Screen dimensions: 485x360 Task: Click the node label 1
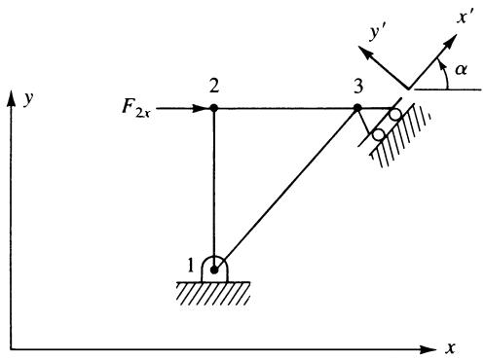pyautogui.click(x=191, y=266)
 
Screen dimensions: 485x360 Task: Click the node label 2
pyautogui.click(x=214, y=87)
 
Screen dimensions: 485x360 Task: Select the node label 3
pyautogui.click(x=358, y=87)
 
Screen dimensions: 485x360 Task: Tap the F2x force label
pyautogui.click(x=136, y=108)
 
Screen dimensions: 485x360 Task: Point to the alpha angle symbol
pyautogui.click(x=461, y=69)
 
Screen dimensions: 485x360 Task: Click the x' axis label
pyautogui.click(x=465, y=17)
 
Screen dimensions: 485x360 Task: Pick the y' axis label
pyautogui.click(x=377, y=33)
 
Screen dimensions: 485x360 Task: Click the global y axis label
pyautogui.click(x=28, y=98)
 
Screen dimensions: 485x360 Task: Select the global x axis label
pyautogui.click(x=450, y=348)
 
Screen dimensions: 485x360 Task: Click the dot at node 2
pyautogui.click(x=213, y=108)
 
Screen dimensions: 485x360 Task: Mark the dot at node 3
pyautogui.click(x=357, y=108)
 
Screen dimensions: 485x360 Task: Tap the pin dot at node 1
pyautogui.click(x=214, y=270)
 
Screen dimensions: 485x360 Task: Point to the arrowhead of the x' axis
pyautogui.click(x=450, y=42)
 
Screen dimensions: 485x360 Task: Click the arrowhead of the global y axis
pyautogui.click(x=12, y=98)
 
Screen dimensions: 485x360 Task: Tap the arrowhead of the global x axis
pyautogui.click(x=429, y=349)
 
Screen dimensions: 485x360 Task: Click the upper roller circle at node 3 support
pyautogui.click(x=395, y=114)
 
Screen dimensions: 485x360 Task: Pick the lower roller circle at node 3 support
pyautogui.click(x=379, y=134)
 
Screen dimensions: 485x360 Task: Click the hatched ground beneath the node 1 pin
pyautogui.click(x=213, y=294)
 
